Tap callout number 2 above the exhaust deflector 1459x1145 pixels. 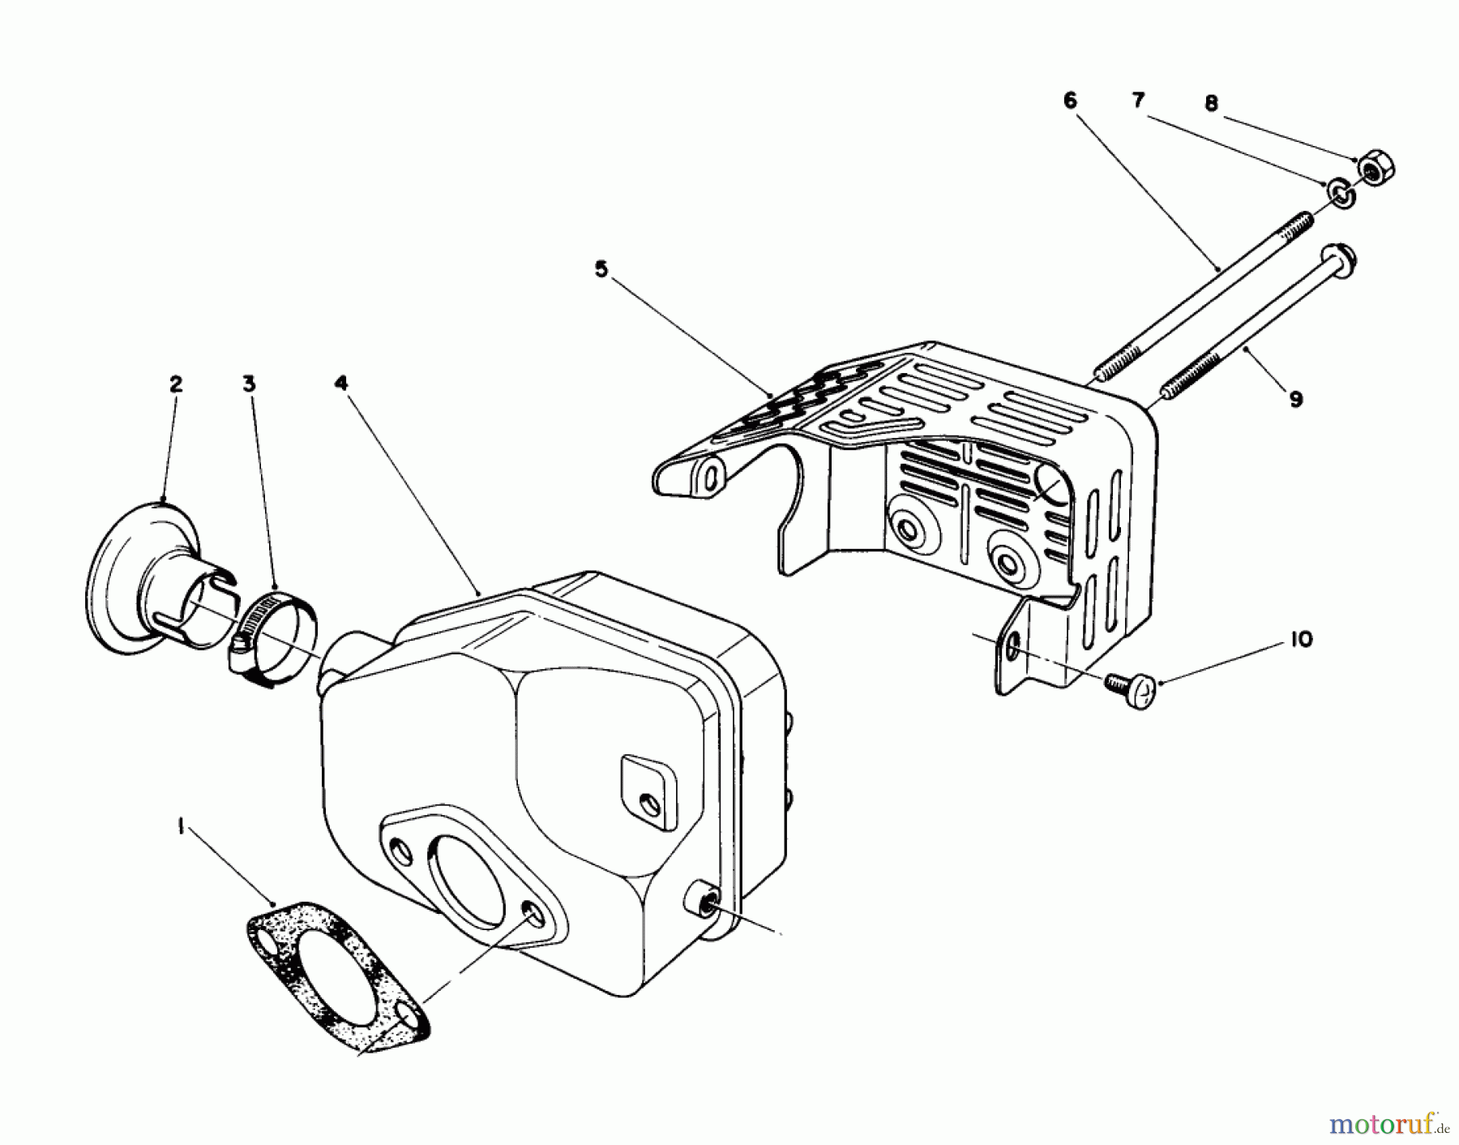coord(176,384)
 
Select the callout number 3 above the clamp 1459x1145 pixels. coord(249,384)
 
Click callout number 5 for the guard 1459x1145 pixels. coord(601,269)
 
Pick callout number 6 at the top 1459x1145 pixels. coord(1070,101)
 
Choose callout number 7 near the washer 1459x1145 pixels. coord(1139,101)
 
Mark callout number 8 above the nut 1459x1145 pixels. coord(1211,104)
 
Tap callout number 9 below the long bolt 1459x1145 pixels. coord(1295,399)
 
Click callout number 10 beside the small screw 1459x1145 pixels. coord(1300,640)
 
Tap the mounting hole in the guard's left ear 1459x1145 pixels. coord(712,477)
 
